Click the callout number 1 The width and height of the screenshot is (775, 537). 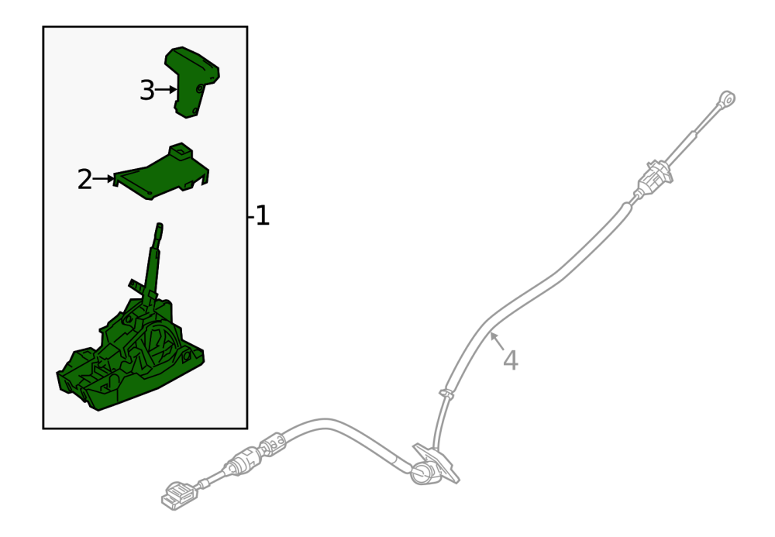click(263, 216)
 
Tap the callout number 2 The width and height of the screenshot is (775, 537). click(84, 179)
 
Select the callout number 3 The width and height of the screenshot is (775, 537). click(146, 91)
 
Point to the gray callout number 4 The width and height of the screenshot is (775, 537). click(511, 360)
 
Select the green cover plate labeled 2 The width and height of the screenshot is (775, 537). click(161, 172)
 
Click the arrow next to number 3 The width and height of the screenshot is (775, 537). click(166, 90)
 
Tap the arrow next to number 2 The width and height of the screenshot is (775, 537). click(103, 179)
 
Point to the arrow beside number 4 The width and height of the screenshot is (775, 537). click(498, 342)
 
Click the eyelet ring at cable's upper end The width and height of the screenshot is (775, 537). click(728, 98)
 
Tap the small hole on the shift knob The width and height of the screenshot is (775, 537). click(200, 89)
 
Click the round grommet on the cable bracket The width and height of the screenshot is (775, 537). click(422, 473)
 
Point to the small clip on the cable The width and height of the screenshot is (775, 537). click(447, 393)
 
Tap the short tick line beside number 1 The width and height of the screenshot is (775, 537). click(250, 216)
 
